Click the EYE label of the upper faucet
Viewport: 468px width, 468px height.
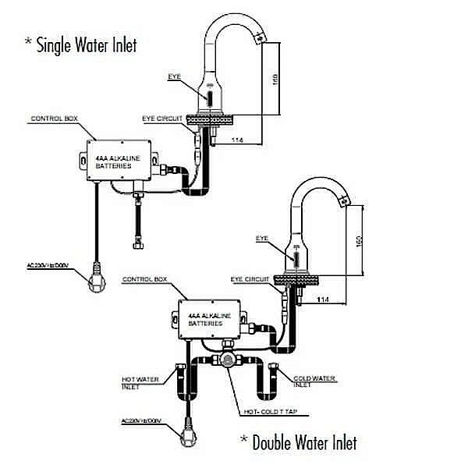click(x=174, y=76)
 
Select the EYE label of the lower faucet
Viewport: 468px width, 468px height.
click(x=261, y=237)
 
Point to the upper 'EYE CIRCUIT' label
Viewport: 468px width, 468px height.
click(x=161, y=119)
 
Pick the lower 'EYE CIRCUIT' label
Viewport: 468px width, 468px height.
click(x=249, y=278)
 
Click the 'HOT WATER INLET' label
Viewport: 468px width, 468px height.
click(x=140, y=382)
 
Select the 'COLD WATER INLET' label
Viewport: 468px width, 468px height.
click(x=315, y=381)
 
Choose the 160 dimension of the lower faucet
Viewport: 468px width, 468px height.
click(x=358, y=240)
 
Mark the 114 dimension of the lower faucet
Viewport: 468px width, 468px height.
click(x=322, y=300)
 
